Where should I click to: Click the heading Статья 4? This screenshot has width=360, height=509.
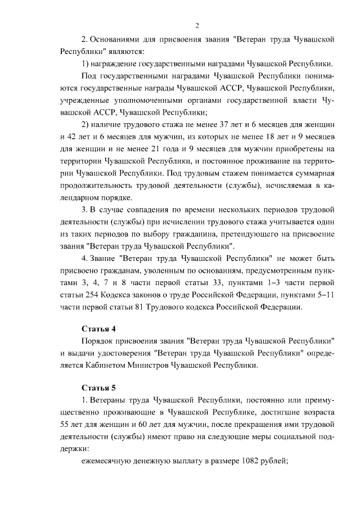click(99, 328)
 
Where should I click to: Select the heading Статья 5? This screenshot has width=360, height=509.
click(99, 388)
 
